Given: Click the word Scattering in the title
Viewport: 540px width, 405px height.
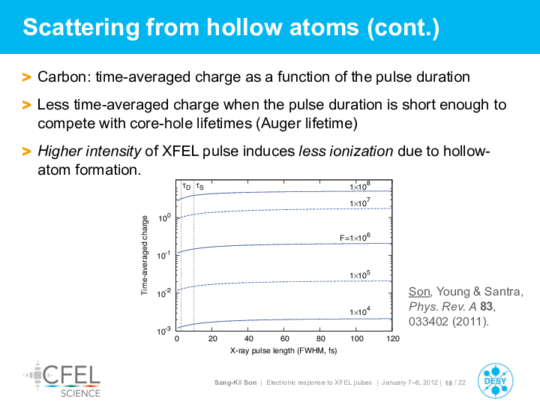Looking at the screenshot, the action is pos(81,28).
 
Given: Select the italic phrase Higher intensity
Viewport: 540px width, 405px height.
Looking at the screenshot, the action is pos(89,151).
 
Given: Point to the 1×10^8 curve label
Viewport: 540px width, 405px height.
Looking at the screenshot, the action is pos(360,186).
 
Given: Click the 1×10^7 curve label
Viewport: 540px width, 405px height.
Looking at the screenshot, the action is pos(360,202).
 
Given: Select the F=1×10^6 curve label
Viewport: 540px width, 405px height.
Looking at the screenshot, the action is pos(355,237).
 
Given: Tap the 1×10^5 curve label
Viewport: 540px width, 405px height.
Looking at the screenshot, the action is pos(360,274).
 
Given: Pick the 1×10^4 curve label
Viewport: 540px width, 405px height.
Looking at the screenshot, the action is pos(360,311).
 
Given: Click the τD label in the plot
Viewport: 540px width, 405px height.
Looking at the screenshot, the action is pos(186,186).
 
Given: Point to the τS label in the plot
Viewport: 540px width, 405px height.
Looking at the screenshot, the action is pos(199,186).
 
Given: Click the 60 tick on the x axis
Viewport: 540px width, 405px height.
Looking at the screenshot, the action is pos(284,338).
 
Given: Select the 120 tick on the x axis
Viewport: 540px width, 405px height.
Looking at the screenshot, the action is pos(392,338).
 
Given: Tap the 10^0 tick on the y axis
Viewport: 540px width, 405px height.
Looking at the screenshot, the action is pos(164,217).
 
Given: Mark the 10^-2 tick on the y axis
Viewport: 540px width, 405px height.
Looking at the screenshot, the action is pos(164,293).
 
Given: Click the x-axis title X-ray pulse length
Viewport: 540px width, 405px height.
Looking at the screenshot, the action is pos(283,350).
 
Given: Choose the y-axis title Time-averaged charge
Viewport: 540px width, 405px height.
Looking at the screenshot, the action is pos(144,255).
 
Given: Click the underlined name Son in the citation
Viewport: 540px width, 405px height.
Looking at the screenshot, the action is pos(419,292).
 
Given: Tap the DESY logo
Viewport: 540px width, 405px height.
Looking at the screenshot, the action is pos(495,381).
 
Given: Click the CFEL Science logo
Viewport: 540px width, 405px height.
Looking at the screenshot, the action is pos(62,379).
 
